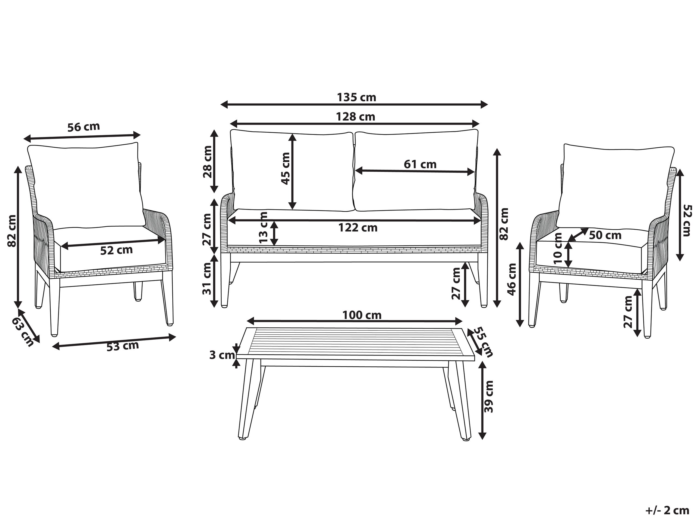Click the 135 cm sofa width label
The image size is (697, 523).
pos(356,98)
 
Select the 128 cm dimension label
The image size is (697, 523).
pos(355,117)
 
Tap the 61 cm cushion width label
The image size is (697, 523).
pos(420,164)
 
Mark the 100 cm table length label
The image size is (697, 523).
pos(362,315)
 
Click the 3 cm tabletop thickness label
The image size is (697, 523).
pos(222,355)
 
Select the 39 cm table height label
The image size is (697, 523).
pos(488,397)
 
